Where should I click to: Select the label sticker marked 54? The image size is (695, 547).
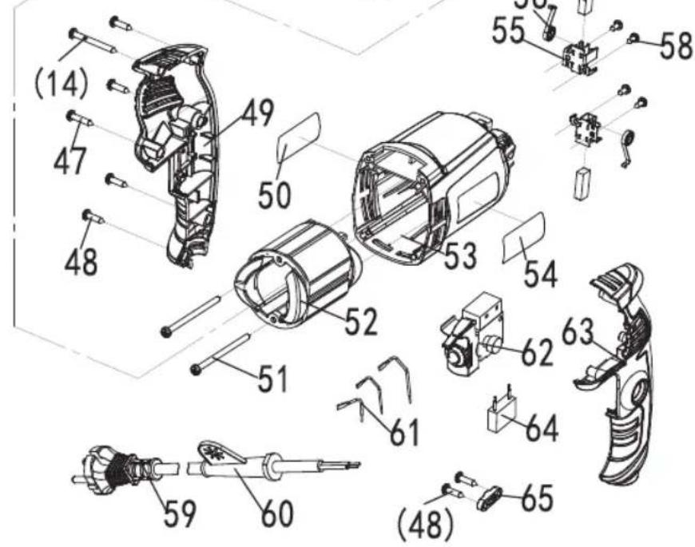523,238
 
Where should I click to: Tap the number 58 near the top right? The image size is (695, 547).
675,46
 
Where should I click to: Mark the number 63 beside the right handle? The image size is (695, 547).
578,333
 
